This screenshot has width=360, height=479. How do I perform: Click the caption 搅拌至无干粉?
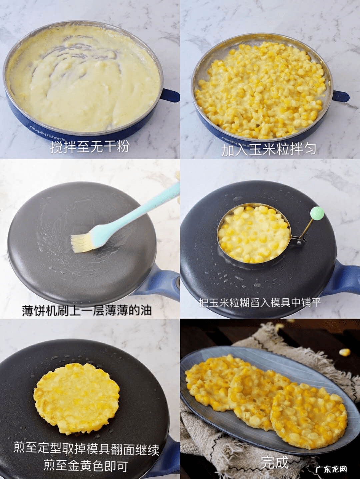[x=89, y=146]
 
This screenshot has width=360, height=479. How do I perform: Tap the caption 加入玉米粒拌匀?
[x=269, y=150]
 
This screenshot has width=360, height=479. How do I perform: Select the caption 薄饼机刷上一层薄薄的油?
[x=87, y=310]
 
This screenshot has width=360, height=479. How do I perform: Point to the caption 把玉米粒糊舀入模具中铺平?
[x=260, y=302]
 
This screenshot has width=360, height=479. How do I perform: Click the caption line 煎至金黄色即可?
[x=86, y=466]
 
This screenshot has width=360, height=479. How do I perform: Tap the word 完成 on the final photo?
[x=274, y=462]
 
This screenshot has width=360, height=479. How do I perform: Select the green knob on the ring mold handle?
[x=317, y=213]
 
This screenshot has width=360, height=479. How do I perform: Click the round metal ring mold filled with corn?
[x=254, y=234]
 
